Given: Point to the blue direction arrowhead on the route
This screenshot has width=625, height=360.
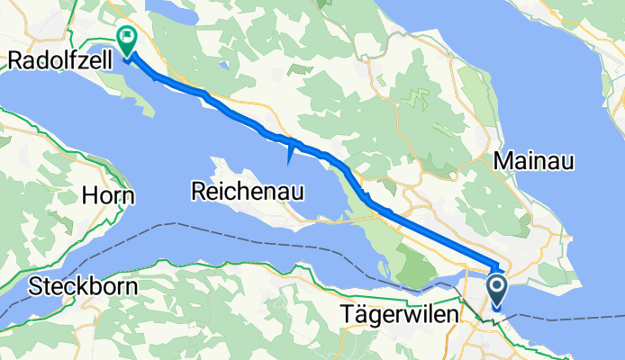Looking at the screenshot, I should [x=288, y=155].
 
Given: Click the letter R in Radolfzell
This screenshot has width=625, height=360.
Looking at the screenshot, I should [x=14, y=60].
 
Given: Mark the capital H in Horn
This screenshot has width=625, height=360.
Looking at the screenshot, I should [x=90, y=195].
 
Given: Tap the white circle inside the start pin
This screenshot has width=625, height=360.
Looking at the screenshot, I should [x=496, y=286].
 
